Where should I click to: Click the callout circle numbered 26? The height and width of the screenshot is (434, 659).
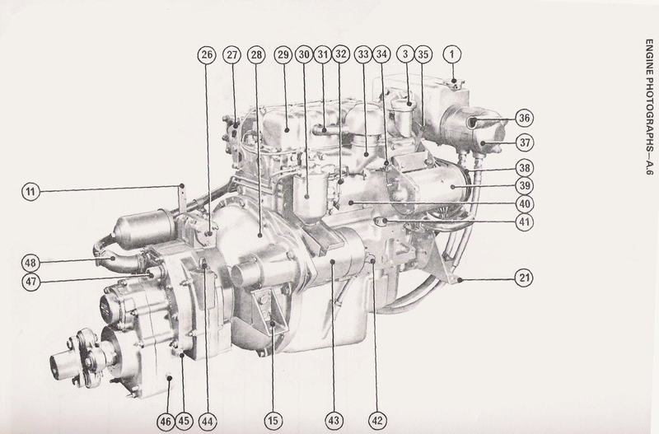tap(207, 54)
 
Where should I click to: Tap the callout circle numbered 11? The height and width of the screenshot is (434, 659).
tap(30, 192)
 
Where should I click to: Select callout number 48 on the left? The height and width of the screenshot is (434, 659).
tap(30, 263)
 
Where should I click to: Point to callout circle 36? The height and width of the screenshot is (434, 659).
tap(524, 118)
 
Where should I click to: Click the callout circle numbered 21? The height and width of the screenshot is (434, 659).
tap(524, 278)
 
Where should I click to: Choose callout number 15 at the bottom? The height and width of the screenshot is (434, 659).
tap(273, 421)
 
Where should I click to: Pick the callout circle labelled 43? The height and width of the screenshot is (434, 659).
tap(334, 421)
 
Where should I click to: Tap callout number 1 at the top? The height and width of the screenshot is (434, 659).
tap(452, 54)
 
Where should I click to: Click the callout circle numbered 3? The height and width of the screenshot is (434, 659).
tap(405, 54)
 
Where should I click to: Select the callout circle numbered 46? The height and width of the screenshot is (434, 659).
tap(166, 422)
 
